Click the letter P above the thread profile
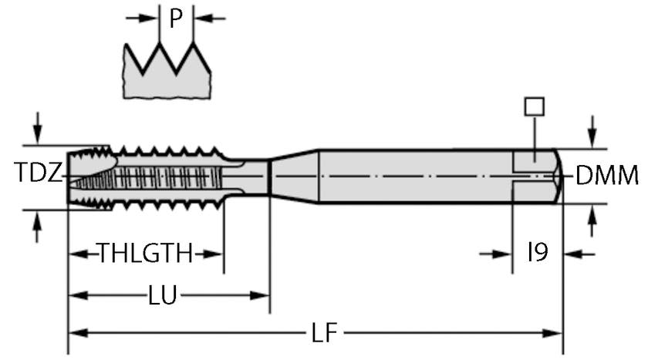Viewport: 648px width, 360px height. pyautogui.click(x=176, y=19)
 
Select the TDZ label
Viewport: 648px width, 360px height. pyautogui.click(x=36, y=174)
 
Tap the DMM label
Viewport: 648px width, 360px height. pyautogui.click(x=607, y=177)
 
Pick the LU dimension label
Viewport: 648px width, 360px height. pyautogui.click(x=163, y=294)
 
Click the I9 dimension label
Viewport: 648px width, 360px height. pyautogui.click(x=538, y=252)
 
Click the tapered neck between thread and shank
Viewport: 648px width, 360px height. pyautogui.click(x=293, y=177)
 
